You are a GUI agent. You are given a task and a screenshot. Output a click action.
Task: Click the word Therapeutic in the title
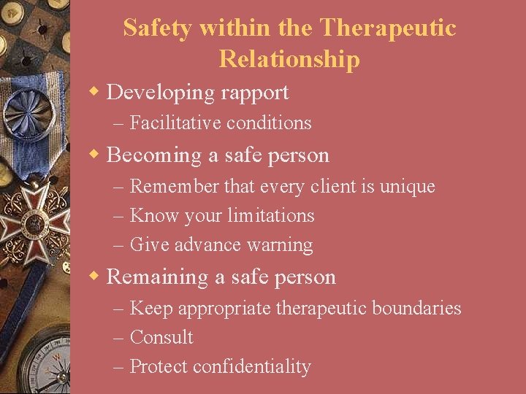tap(388, 28)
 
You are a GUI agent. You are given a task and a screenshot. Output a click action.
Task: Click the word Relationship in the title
tap(289, 60)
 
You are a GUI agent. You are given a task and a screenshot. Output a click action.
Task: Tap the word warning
tap(281, 245)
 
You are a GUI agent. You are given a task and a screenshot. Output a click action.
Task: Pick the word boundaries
tap(416, 308)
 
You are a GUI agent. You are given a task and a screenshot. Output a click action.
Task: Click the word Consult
tap(161, 337)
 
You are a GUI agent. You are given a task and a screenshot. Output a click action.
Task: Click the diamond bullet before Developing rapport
tap(95, 92)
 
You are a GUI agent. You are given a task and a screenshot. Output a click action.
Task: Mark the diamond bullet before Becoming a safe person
tap(95, 154)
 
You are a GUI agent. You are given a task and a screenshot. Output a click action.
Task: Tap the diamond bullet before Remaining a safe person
tap(95, 277)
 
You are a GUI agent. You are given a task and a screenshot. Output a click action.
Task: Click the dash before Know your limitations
tap(119, 216)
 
